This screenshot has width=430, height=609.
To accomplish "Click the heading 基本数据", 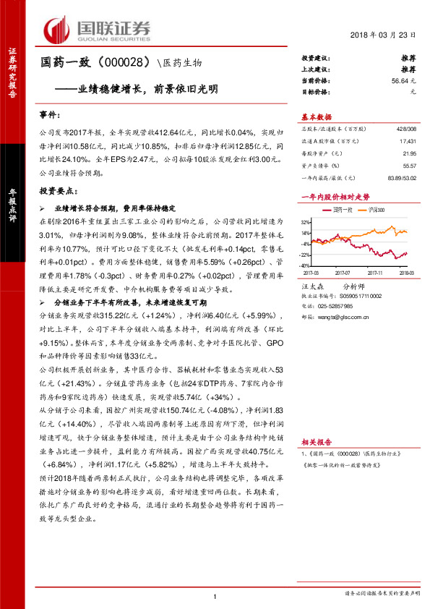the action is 316,117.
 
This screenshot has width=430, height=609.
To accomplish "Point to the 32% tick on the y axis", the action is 306,223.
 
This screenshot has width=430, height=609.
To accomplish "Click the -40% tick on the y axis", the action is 305,265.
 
